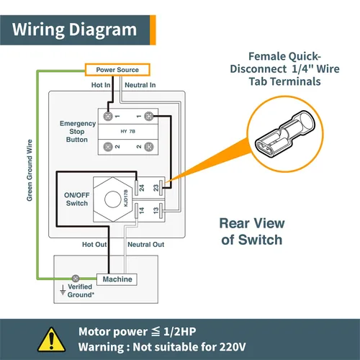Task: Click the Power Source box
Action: [117, 70]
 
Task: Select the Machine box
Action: [117, 279]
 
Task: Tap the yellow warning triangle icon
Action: [51, 340]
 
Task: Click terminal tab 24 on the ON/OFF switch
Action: [136, 188]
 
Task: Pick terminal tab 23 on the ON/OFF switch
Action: [161, 188]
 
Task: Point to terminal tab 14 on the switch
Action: [136, 210]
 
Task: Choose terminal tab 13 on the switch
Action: [161, 210]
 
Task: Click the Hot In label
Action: [101, 85]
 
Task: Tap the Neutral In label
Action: [140, 85]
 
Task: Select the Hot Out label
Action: [94, 244]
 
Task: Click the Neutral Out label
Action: [146, 244]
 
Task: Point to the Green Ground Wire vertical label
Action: [30, 171]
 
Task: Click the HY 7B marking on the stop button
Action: [128, 131]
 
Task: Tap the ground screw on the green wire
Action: [76, 279]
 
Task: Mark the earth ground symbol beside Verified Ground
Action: [63, 289]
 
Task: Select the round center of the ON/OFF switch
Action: [113, 199]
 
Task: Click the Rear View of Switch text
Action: [252, 231]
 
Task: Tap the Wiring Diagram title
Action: [74, 30]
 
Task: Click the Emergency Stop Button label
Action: [78, 131]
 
